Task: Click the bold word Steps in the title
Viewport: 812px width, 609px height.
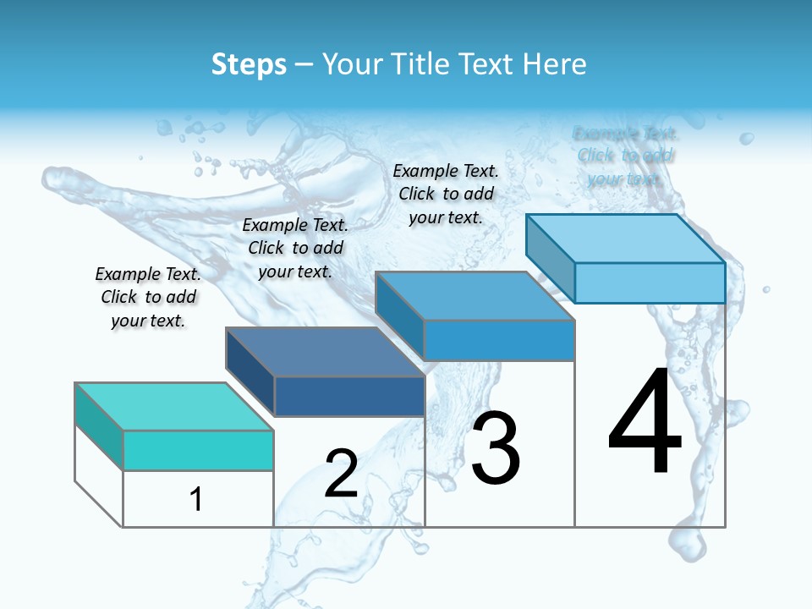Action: [249, 64]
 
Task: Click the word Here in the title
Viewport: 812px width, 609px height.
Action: [555, 64]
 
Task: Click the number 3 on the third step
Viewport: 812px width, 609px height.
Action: [495, 448]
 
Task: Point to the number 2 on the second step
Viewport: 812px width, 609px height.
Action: [341, 474]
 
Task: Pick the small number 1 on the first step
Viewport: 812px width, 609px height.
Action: [196, 499]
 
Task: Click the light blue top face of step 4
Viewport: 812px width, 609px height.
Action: [626, 239]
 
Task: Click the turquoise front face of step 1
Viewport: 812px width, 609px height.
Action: [198, 450]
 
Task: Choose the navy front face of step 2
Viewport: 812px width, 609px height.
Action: [349, 396]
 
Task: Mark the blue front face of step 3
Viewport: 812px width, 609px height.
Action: [499, 340]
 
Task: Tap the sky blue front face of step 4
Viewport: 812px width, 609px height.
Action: [650, 283]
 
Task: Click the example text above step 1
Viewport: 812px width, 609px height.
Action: [148, 297]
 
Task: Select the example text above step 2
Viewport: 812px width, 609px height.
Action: [295, 248]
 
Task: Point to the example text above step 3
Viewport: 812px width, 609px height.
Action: [446, 194]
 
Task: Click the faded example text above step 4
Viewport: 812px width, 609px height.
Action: [625, 156]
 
